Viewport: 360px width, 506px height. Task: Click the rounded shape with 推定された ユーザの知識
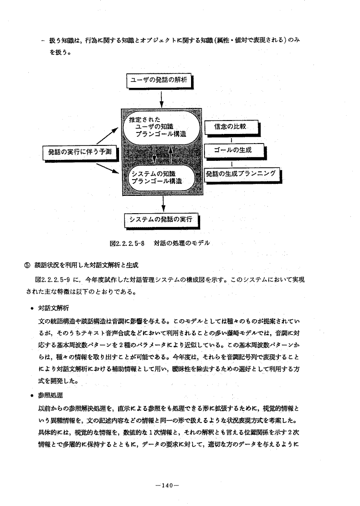point(160,126)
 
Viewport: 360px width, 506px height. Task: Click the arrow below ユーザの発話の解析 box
point(162,99)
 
